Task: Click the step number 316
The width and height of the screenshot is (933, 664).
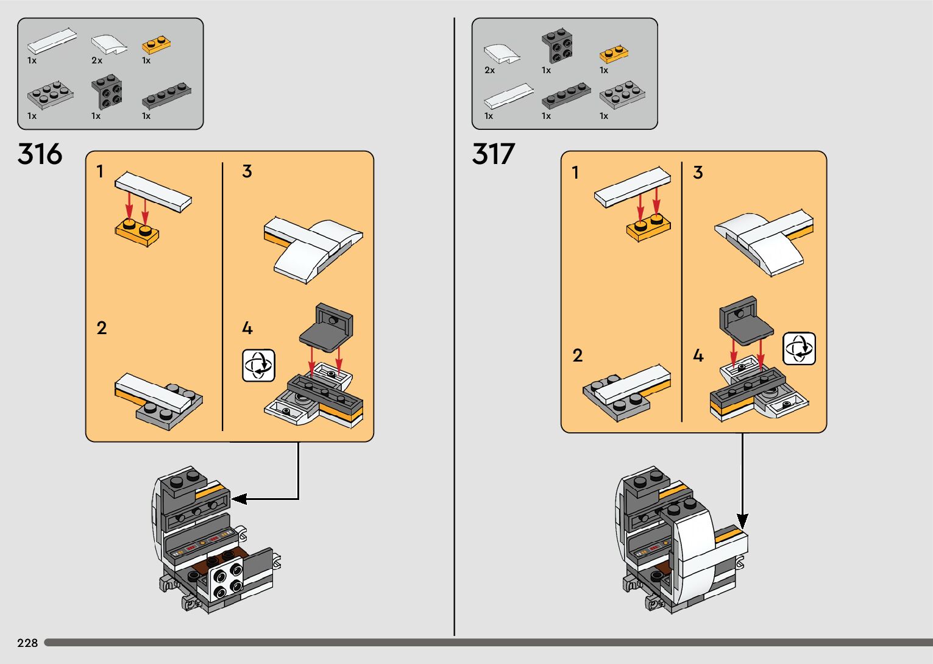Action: (40, 154)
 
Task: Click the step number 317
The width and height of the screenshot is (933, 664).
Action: (494, 154)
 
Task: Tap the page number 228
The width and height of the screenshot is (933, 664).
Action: (27, 643)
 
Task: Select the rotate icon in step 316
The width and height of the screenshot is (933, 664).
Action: (258, 366)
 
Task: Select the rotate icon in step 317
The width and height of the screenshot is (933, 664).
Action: (799, 349)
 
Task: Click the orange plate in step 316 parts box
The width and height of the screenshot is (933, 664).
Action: (156, 44)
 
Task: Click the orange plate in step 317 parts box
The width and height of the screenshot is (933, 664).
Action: (614, 54)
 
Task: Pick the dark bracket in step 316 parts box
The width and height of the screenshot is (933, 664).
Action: (107, 91)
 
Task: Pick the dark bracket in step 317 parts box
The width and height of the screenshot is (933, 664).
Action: (557, 46)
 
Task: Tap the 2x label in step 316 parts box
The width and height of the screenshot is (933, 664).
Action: (97, 60)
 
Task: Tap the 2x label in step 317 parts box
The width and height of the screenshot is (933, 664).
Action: (489, 70)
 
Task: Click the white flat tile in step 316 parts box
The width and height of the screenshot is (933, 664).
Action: (52, 41)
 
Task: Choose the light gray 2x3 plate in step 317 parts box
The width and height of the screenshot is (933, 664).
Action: (622, 95)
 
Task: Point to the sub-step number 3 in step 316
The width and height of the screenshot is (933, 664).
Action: (247, 171)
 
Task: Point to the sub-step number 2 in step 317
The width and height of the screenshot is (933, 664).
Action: (578, 355)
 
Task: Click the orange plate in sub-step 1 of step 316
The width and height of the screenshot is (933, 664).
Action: (137, 232)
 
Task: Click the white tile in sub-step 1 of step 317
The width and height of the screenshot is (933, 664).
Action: (632, 187)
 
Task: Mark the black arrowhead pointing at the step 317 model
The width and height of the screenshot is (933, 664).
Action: (742, 521)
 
